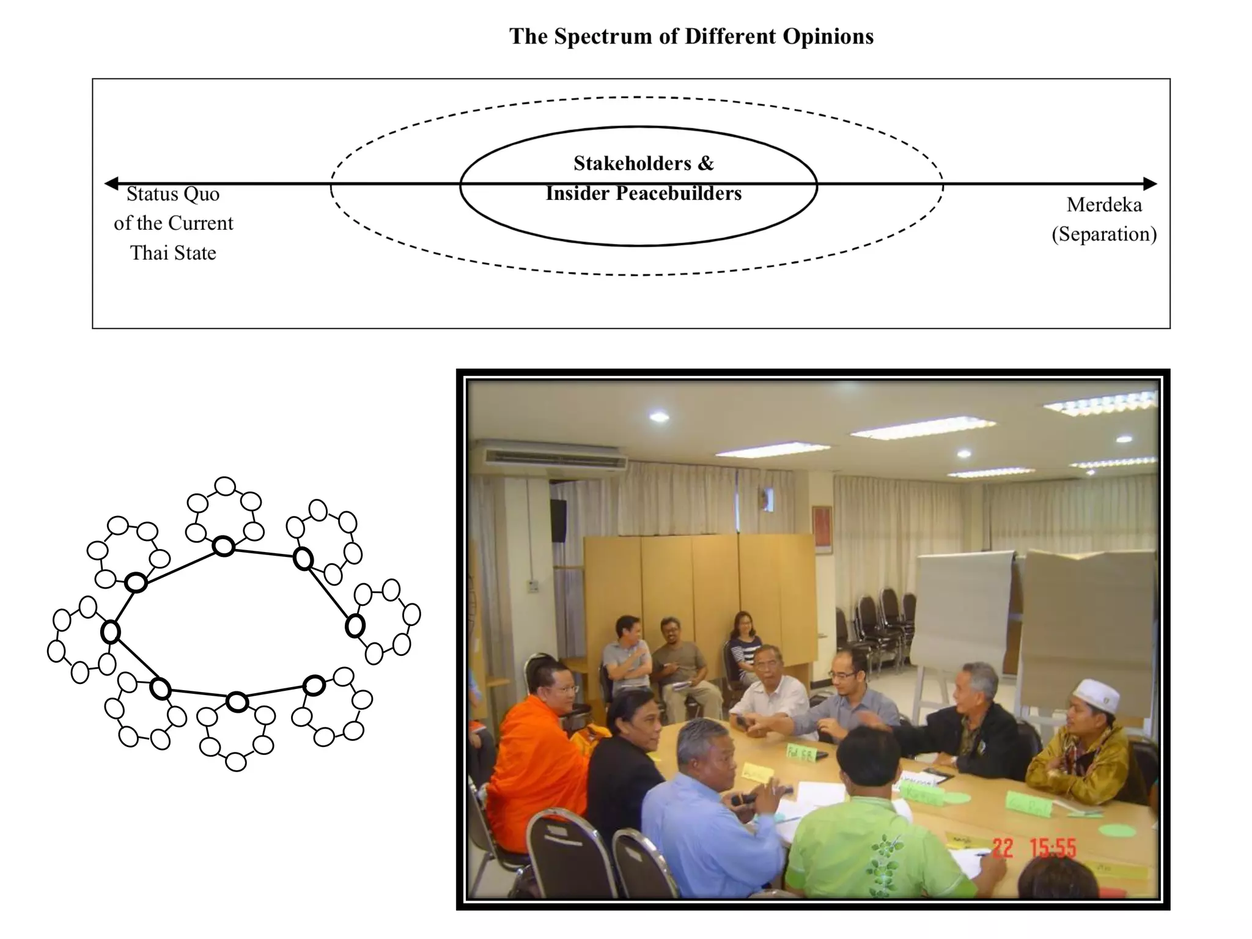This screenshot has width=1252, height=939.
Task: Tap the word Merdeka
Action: (1103, 205)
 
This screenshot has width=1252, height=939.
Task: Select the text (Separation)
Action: (1103, 234)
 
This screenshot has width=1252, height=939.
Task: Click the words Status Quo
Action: (173, 194)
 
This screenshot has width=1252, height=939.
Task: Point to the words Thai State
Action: (173, 253)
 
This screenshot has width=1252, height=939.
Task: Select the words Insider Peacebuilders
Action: (643, 194)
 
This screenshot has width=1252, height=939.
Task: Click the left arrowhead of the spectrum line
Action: (111, 183)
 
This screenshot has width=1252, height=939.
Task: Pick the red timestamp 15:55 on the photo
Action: (1053, 849)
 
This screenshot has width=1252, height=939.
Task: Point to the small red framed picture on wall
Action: (822, 529)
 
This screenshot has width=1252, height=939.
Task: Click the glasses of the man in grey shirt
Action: (842, 675)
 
